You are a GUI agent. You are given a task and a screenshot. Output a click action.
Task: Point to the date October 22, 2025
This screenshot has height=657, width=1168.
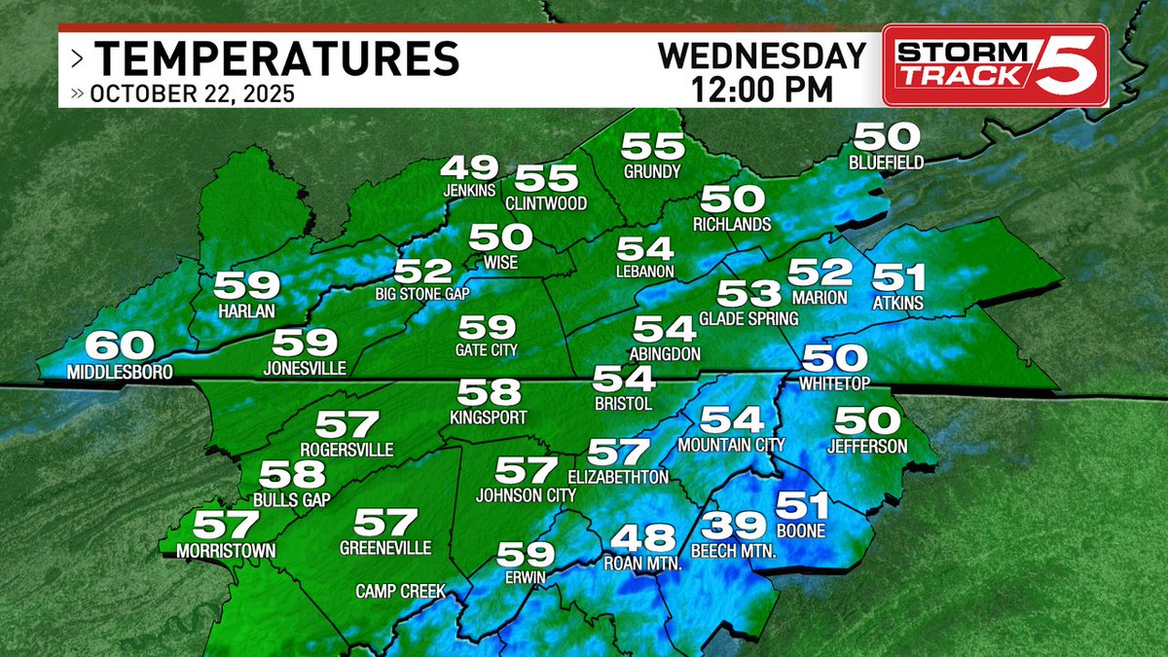click(x=191, y=95)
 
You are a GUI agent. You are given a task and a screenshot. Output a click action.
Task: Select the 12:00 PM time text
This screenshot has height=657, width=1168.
click(x=762, y=89)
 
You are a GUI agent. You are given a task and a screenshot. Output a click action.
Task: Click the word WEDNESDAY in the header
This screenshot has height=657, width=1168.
click(x=762, y=55)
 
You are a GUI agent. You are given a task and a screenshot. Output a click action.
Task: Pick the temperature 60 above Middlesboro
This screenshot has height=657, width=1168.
click(x=120, y=347)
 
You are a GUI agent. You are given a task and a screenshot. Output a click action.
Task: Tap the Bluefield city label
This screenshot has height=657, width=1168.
click(x=885, y=163)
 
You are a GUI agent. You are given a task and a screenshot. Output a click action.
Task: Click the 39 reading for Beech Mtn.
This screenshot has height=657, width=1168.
click(x=734, y=526)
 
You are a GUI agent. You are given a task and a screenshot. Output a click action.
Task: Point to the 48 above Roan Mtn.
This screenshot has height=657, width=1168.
click(x=641, y=538)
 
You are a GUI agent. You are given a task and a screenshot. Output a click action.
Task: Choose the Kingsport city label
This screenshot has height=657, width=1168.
click(x=488, y=418)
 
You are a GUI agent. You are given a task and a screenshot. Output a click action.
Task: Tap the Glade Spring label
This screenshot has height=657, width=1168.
click(x=748, y=318)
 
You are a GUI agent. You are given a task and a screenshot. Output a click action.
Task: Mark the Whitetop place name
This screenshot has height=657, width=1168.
click(x=833, y=384)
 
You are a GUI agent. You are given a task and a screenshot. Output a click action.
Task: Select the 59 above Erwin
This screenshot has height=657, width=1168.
click(x=526, y=555)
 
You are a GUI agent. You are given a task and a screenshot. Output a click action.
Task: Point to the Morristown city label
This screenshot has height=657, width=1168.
click(x=226, y=551)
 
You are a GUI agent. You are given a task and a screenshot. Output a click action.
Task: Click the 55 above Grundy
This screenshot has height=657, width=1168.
click(x=652, y=146)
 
